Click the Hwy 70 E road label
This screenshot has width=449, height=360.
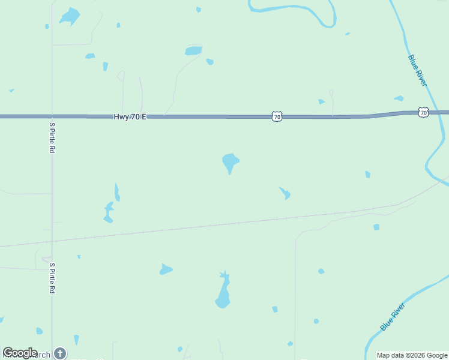click(x=130, y=117)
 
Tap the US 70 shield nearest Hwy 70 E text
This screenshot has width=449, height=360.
click(x=276, y=116)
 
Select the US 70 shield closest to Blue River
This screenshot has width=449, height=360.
click(x=424, y=112)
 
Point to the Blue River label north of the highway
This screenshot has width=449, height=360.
click(x=417, y=70)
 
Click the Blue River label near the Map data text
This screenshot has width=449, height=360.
click(x=393, y=317)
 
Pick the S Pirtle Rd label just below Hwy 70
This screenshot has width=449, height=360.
click(x=52, y=137)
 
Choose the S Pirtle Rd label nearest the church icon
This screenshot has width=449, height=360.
click(x=52, y=278)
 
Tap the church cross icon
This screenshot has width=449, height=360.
click(x=60, y=353)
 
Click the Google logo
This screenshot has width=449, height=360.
click(x=20, y=353)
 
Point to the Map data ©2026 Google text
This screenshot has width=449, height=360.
click(x=411, y=355)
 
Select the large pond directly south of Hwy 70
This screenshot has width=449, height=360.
click(x=231, y=161)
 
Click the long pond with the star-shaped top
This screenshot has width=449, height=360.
click(x=223, y=292)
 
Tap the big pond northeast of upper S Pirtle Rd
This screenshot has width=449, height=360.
click(x=70, y=16)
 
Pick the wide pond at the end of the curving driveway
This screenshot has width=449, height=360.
click(x=193, y=51)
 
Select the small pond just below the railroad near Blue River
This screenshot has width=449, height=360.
click(x=376, y=227)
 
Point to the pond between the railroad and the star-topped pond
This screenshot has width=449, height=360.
click(x=166, y=269)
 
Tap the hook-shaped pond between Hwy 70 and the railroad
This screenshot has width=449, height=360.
click(x=285, y=193)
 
